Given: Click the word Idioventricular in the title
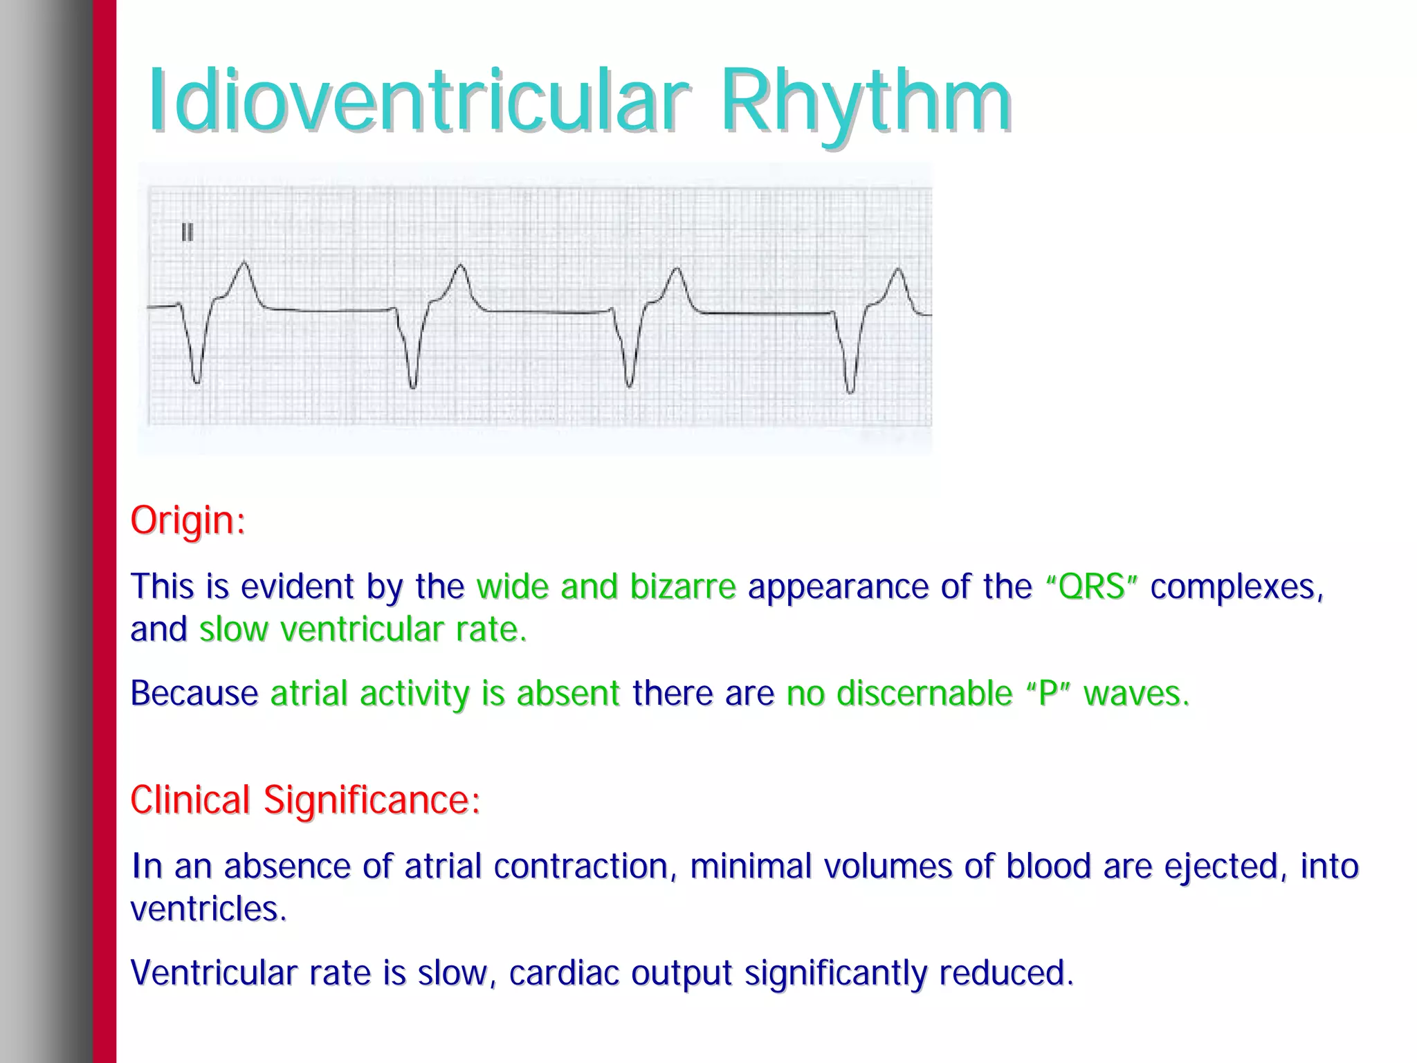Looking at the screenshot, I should coord(419,102).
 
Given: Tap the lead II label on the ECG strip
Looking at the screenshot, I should coord(187,232).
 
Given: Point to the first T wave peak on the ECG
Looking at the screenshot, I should coord(244,263).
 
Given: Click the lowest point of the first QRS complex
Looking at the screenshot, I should coord(196,380).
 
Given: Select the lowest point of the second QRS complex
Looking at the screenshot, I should coord(413,386).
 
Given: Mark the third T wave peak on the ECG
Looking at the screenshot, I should coord(677,269).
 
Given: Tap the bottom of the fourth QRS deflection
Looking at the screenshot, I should coord(850,391).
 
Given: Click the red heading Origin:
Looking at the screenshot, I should coord(188,520).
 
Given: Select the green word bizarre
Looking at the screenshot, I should coord(682,586).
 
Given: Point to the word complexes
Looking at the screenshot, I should coord(1236,586).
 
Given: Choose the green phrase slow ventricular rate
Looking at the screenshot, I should coord(363,629).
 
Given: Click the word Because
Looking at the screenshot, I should coord(194,693).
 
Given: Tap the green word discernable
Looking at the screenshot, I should coord(924,693).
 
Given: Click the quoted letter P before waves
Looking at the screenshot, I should coord(1048,693).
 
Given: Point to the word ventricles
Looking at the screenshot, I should coord(208,909).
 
